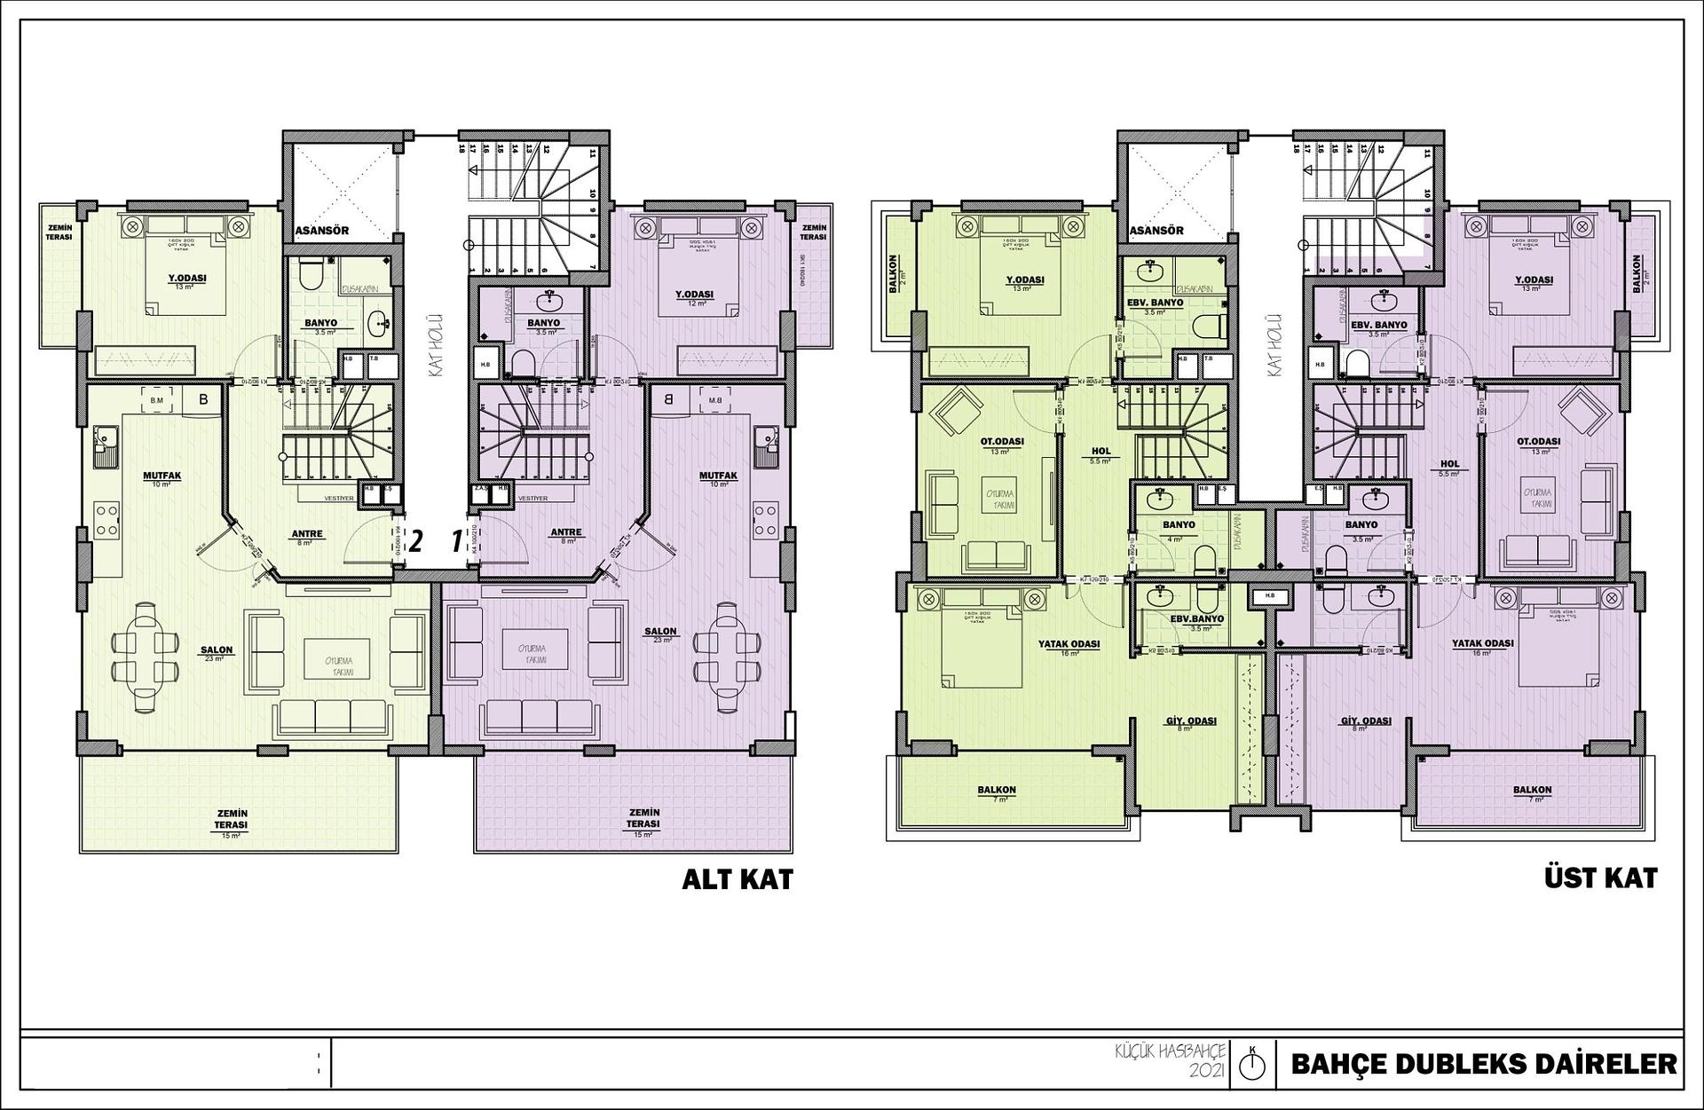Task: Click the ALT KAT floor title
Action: (x=737, y=879)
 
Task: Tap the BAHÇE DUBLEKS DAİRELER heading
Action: (x=1484, y=1064)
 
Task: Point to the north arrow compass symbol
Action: (x=1251, y=1063)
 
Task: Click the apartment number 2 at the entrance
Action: (x=414, y=540)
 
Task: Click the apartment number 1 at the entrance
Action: (x=457, y=540)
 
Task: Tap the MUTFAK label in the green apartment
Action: (x=162, y=476)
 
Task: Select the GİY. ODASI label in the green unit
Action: (x=1191, y=721)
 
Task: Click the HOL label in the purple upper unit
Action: (x=1450, y=464)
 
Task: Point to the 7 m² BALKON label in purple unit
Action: (x=1533, y=790)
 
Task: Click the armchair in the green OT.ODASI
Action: (x=954, y=413)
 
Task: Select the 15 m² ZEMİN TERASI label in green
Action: (x=231, y=819)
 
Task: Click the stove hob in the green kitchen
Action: (x=107, y=520)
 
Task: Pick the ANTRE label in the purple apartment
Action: (x=565, y=532)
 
